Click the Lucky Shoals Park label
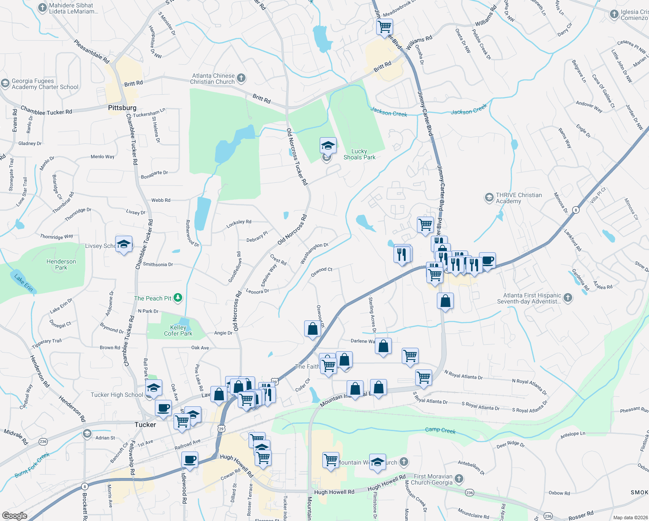(359, 155)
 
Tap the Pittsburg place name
(122, 108)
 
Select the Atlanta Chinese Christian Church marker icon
(242, 78)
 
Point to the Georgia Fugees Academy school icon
(5, 83)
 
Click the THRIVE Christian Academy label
(519, 198)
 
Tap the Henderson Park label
(61, 264)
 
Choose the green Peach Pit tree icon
(178, 298)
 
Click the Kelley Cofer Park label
(178, 330)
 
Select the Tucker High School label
(117, 395)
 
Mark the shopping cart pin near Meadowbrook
(384, 27)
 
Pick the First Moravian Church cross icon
(459, 479)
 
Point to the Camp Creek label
(440, 430)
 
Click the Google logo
(15, 516)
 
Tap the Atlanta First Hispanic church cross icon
(568, 298)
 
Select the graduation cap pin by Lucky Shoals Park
(328, 145)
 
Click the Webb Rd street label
(161, 200)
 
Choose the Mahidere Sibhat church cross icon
(42, 7)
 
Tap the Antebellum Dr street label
(471, 467)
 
